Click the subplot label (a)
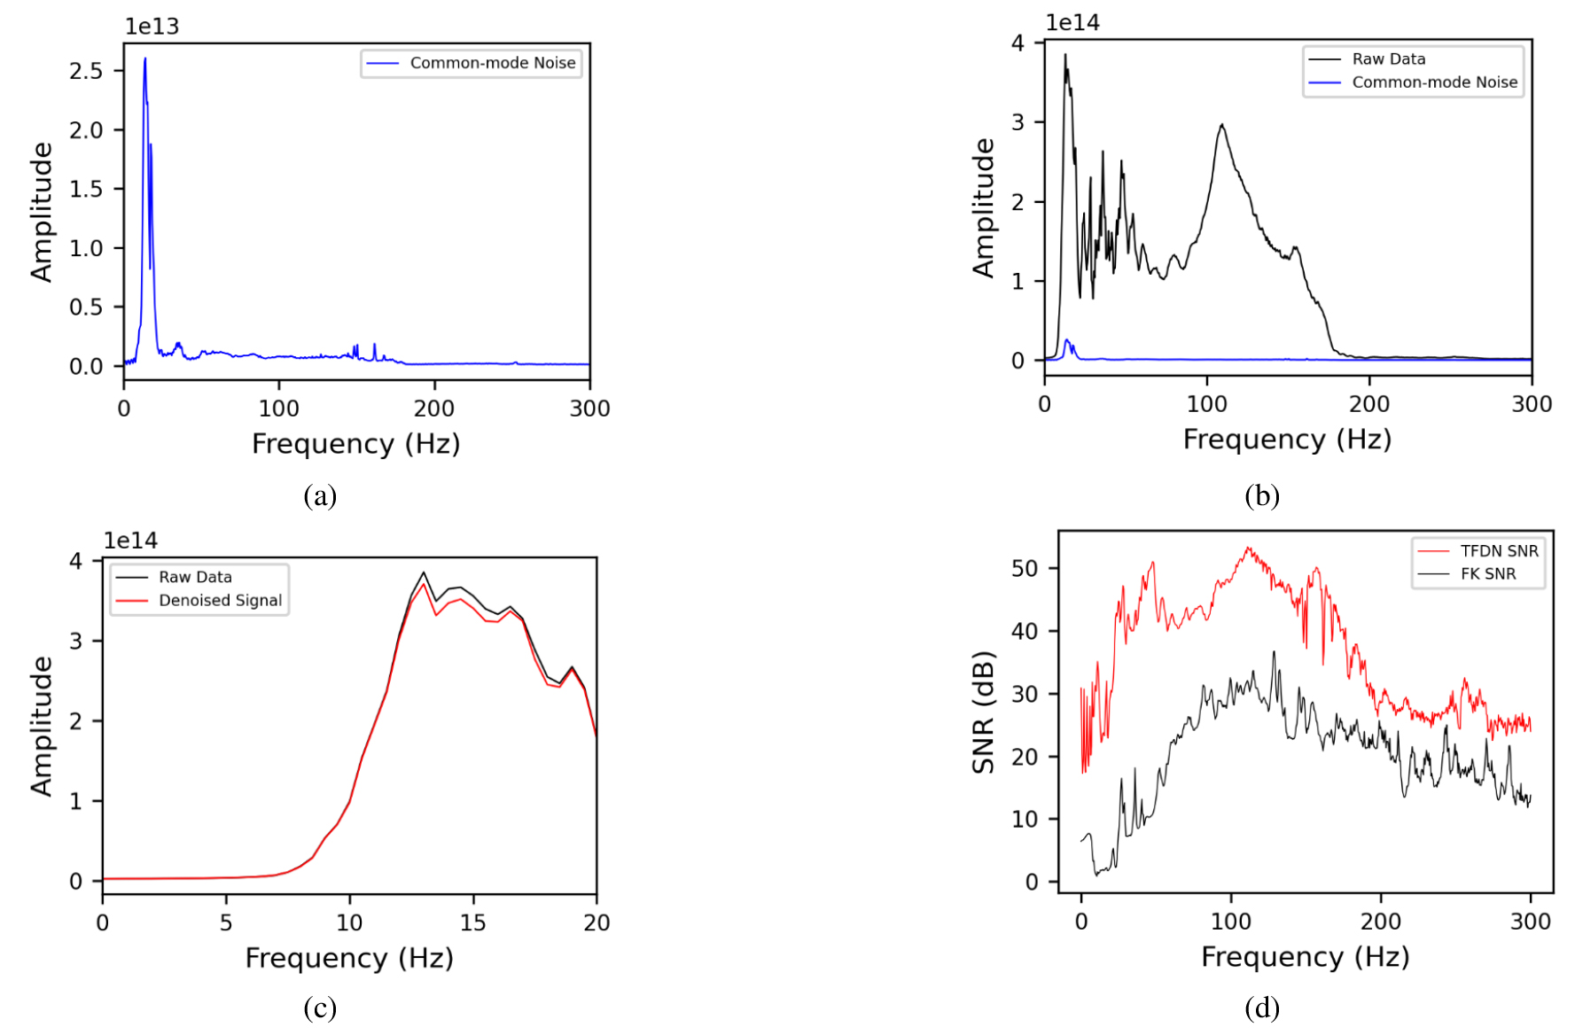click(x=320, y=495)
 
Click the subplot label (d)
click(x=1261, y=1008)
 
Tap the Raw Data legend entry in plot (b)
click(x=1388, y=59)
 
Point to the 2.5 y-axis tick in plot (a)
click(x=86, y=71)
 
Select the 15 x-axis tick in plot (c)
click(x=472, y=923)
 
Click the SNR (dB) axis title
click(x=983, y=712)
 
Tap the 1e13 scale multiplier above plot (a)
click(x=152, y=27)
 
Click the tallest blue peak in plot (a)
click(x=144, y=60)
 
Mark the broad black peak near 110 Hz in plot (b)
click(x=1222, y=126)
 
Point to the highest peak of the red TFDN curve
click(x=1248, y=549)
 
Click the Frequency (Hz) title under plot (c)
click(x=349, y=958)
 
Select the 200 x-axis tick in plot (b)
click(x=1368, y=405)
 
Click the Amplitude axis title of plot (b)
click(x=983, y=207)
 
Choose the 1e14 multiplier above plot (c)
click(x=130, y=541)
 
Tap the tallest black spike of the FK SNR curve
click(x=1274, y=653)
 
